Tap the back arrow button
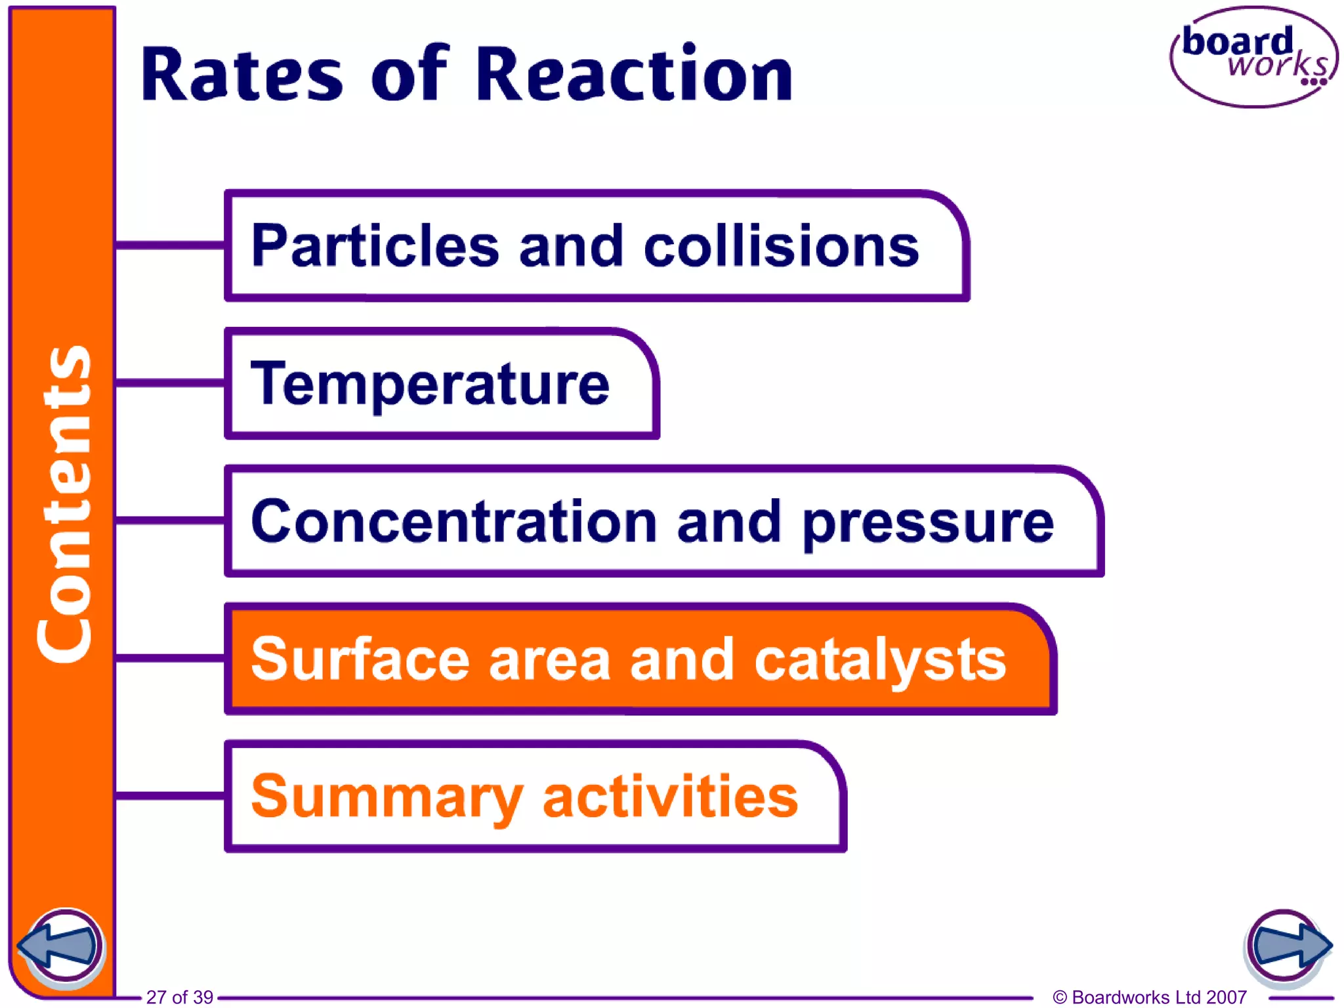tap(60, 947)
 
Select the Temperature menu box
tap(441, 384)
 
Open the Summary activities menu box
tap(535, 796)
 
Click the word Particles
tap(375, 246)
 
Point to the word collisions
tap(781, 246)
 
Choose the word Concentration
tap(454, 522)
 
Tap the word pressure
tap(928, 524)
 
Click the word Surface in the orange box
tap(360, 659)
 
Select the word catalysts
tap(880, 660)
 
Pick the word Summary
tap(387, 798)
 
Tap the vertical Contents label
tap(64, 504)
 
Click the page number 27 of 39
tap(179, 997)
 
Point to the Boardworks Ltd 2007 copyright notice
tap(1150, 997)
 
